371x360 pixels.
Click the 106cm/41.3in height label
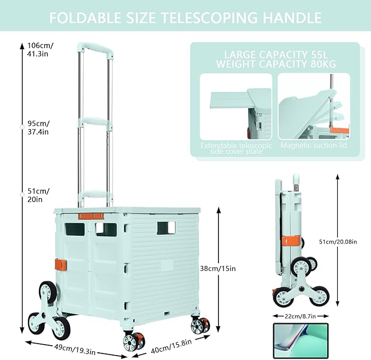click(40, 49)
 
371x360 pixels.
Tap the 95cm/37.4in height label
click(39, 127)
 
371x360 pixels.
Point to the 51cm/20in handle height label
click(38, 195)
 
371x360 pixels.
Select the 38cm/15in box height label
click(217, 269)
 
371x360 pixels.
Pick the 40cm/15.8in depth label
click(171, 346)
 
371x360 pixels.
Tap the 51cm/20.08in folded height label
click(338, 242)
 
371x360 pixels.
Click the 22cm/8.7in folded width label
click(301, 316)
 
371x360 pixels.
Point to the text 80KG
click(323, 64)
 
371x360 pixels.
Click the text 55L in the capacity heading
click(320, 55)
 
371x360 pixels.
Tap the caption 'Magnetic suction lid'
click(314, 145)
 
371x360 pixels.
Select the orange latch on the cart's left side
click(61, 265)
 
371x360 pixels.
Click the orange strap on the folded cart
click(290, 241)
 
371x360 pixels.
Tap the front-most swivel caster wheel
click(134, 341)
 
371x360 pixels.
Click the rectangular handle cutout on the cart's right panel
click(166, 228)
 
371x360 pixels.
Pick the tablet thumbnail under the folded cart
click(301, 341)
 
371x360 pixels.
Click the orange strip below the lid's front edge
click(91, 216)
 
